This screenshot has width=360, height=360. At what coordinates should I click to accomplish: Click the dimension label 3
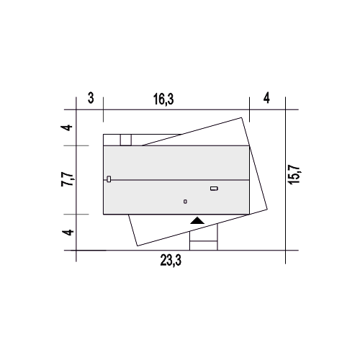pos(91,98)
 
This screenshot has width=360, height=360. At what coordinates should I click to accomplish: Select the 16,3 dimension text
pos(163,99)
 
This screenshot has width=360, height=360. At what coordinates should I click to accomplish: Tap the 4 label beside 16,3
pos(266,98)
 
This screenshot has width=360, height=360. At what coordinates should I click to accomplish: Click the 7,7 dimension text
pos(67,179)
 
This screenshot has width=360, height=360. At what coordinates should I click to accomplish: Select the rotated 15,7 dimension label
pos(294,174)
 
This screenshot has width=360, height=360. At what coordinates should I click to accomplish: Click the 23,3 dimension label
pos(171,261)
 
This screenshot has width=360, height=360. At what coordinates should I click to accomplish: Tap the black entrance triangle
pos(197,220)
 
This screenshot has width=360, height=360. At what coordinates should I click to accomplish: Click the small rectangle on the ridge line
pos(109,179)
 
